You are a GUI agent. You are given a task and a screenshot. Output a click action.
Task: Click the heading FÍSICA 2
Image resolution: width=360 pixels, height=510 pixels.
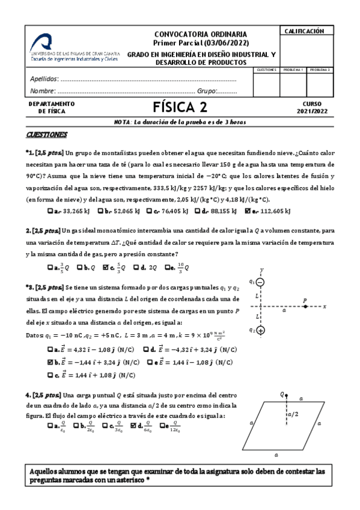180,108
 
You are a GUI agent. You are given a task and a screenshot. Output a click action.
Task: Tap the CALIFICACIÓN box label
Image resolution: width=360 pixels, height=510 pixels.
304,31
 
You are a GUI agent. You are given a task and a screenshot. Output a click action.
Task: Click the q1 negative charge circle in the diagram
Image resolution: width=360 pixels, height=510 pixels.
261,282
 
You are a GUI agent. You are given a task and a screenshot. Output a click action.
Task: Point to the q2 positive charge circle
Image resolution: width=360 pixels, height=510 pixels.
261,330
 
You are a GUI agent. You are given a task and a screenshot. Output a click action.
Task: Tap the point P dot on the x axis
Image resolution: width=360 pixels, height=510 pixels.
305,306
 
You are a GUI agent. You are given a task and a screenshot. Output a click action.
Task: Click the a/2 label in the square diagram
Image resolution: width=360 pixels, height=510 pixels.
292,414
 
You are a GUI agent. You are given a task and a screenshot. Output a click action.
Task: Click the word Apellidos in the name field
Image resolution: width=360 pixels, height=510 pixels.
44,79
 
